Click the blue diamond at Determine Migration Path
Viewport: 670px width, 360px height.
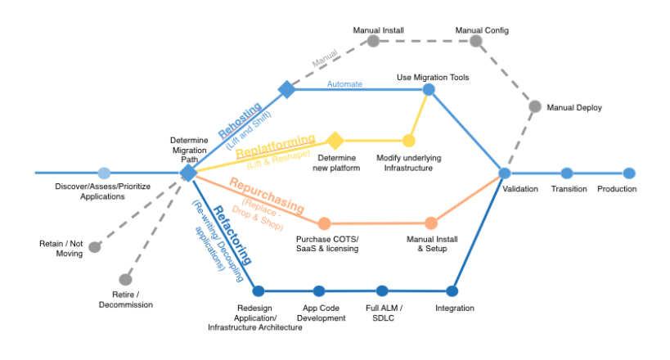click(188, 173)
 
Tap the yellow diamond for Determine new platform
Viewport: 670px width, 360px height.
click(335, 141)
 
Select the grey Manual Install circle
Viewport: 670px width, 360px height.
click(373, 41)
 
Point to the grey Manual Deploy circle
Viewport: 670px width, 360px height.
click(534, 106)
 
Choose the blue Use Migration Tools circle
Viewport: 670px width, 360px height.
click(429, 89)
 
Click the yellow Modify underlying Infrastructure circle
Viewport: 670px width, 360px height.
click(408, 141)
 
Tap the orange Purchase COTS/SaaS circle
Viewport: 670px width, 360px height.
click(324, 223)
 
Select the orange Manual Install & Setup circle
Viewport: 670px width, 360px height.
click(431, 223)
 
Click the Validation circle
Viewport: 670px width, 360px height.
click(505, 173)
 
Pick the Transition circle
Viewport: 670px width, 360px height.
click(567, 173)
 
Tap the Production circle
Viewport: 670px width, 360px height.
click(628, 173)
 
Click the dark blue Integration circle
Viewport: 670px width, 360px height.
click(452, 290)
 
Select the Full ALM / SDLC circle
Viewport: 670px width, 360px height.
click(382, 290)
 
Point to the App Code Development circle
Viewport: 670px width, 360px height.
click(319, 290)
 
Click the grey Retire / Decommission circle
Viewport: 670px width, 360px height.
click(125, 280)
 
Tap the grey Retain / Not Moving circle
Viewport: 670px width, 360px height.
click(95, 247)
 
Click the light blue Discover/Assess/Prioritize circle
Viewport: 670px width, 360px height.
click(104, 173)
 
